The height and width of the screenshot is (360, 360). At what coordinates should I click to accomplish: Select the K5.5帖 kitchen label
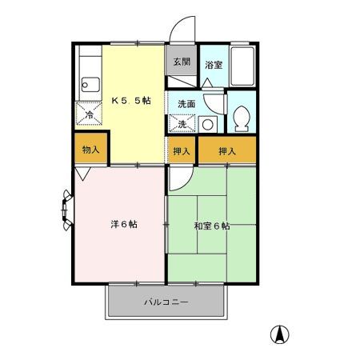coord(131,102)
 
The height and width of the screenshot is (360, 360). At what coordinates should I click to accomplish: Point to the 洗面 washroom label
coord(186,104)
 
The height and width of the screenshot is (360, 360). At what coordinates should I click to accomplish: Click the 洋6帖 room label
coord(123,224)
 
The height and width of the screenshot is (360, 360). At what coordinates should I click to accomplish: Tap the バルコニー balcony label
coord(166,302)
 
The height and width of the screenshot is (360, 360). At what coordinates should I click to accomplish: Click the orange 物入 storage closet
coord(90,150)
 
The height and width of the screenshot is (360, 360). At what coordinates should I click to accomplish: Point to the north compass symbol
coord(281,334)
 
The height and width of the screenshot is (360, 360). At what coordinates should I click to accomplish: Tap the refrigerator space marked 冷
coord(89,114)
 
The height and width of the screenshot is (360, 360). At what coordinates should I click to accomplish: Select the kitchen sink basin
coord(88,84)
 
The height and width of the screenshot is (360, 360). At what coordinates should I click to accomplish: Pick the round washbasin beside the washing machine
coord(206,124)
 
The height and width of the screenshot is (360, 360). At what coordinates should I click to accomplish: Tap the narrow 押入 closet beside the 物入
coord(182,150)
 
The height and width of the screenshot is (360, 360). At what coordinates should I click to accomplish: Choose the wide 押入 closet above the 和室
coord(228,150)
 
